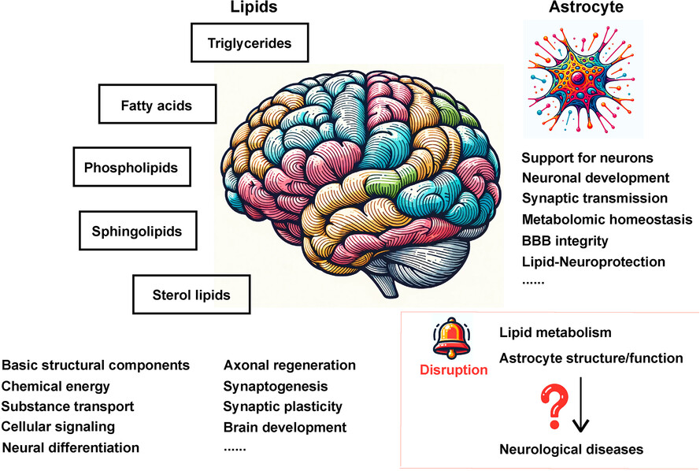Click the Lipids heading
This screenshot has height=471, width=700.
click(x=254, y=7)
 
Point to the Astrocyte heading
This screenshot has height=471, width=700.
click(x=586, y=7)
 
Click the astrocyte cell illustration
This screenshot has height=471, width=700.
click(x=582, y=78)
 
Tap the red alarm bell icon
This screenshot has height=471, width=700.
click(x=451, y=338)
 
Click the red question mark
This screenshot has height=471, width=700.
click(x=555, y=406)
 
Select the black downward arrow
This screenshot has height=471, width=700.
click(x=580, y=405)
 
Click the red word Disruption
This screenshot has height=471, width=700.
click(x=454, y=369)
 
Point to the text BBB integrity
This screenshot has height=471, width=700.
click(x=565, y=241)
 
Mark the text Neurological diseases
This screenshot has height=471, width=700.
click(x=571, y=449)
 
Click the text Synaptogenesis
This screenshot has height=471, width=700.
click(x=276, y=386)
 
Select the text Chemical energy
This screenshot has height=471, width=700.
click(x=55, y=386)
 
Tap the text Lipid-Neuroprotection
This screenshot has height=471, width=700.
click(x=593, y=261)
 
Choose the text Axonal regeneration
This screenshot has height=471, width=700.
click(x=289, y=365)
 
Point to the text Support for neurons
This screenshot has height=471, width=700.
click(x=587, y=158)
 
